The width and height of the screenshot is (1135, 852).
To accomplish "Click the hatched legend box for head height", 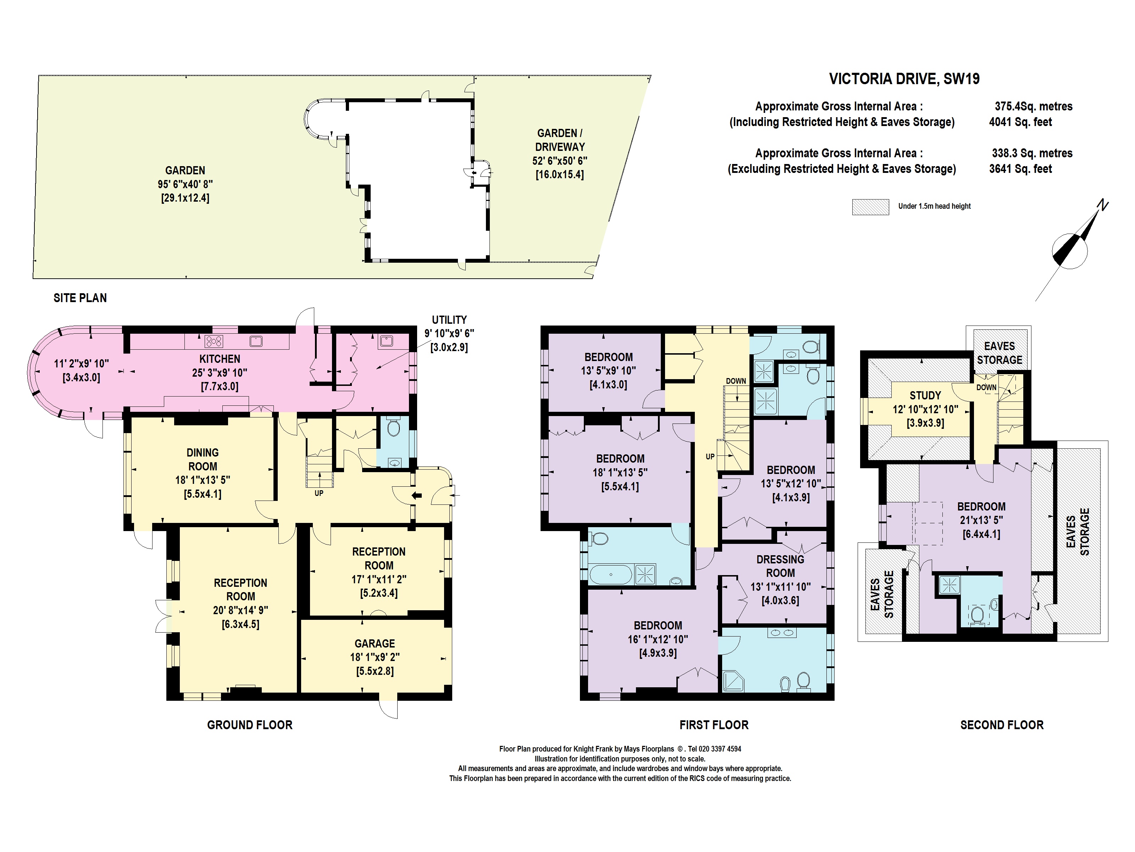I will coord(870,207).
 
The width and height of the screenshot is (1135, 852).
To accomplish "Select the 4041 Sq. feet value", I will coord(1020,122).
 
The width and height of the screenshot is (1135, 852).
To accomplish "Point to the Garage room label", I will coord(375,644).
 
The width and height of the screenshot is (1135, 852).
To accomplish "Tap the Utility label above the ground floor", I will coord(449,319).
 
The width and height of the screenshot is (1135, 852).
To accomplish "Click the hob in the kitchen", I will coord(214,341).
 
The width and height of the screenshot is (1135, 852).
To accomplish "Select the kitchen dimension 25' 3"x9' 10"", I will coord(220,373).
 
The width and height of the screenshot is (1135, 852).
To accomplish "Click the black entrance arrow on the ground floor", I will coord(417,496).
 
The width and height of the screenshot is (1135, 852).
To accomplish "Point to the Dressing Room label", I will coord(780,566).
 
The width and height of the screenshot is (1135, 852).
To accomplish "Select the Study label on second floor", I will coord(925,395).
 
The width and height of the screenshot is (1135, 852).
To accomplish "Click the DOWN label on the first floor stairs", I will coord(736,381).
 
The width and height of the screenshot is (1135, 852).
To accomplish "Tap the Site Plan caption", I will coord(80,298).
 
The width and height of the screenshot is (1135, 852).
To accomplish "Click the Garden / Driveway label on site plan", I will coord(559,140).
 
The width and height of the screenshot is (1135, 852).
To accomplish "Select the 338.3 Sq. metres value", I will coord(1032,153).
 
